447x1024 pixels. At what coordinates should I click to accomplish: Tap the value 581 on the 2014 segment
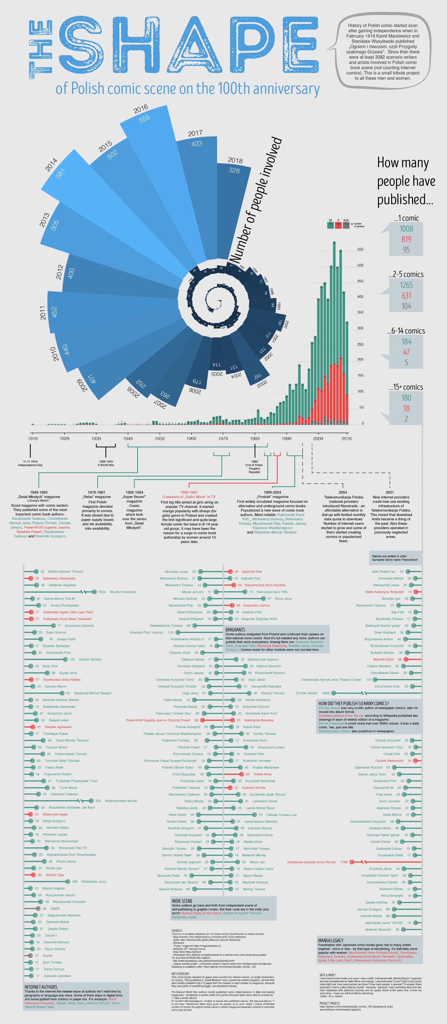coord(60,173)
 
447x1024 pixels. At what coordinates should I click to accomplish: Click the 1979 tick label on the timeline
coord(223,438)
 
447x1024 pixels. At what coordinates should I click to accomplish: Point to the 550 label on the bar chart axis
coord(360,249)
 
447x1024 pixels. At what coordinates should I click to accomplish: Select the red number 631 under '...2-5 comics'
coord(406,295)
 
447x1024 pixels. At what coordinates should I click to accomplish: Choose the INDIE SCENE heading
coord(182,901)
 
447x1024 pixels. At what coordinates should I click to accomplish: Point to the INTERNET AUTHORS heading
coord(41,987)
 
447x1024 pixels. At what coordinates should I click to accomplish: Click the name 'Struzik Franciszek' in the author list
coord(123,592)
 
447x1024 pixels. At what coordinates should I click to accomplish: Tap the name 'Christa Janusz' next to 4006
coord(307,693)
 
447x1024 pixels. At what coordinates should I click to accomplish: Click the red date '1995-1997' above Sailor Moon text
coord(189,492)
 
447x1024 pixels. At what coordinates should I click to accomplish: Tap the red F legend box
coord(338,224)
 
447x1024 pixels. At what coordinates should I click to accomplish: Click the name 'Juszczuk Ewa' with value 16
coord(252,572)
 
